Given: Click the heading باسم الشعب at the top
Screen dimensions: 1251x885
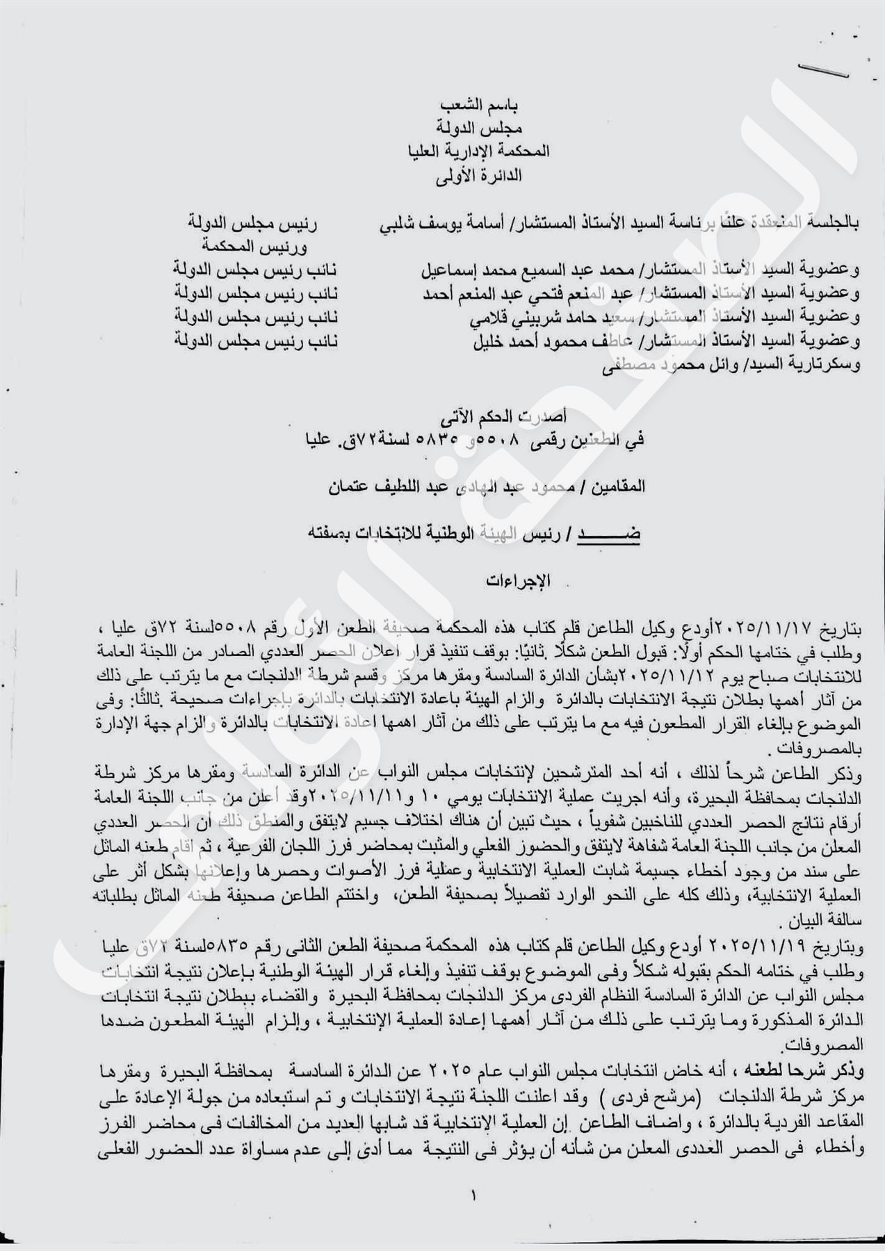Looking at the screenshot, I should [x=482, y=106].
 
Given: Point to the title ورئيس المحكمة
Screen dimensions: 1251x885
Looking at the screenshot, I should [x=254, y=247].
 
